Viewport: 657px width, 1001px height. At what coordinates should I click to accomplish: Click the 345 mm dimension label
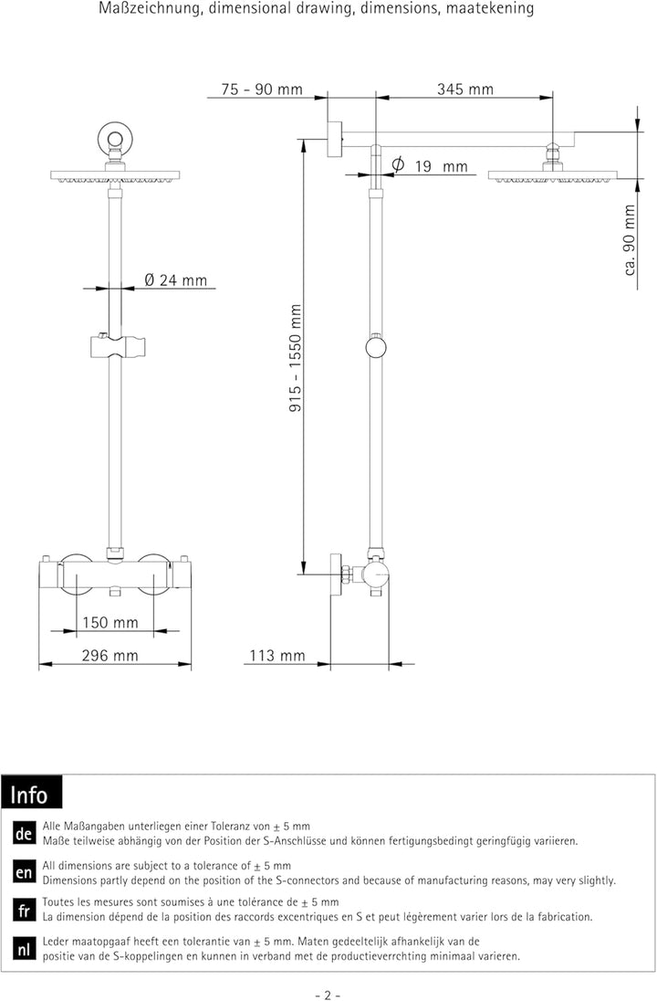click(x=464, y=89)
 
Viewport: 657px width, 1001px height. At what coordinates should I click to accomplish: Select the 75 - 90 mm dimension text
click(x=261, y=89)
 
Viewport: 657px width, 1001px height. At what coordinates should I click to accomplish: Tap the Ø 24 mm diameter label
click(x=175, y=280)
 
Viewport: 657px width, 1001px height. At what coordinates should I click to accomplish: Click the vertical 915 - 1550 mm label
click(x=295, y=358)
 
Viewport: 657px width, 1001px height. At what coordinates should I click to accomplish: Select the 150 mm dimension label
click(x=110, y=623)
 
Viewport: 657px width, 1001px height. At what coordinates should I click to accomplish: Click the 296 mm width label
click(x=109, y=655)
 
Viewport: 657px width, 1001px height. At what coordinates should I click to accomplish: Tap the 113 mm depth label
click(x=277, y=655)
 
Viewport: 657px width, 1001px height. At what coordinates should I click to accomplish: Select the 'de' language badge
click(x=25, y=835)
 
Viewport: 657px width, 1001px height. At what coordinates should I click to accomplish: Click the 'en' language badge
click(x=25, y=873)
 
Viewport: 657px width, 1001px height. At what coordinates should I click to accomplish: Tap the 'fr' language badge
click(x=25, y=911)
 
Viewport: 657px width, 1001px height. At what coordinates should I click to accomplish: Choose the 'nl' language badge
click(x=25, y=949)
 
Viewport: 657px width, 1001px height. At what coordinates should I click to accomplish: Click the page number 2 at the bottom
click(x=327, y=994)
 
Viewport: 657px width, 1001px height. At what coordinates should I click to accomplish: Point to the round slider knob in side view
click(x=375, y=347)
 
